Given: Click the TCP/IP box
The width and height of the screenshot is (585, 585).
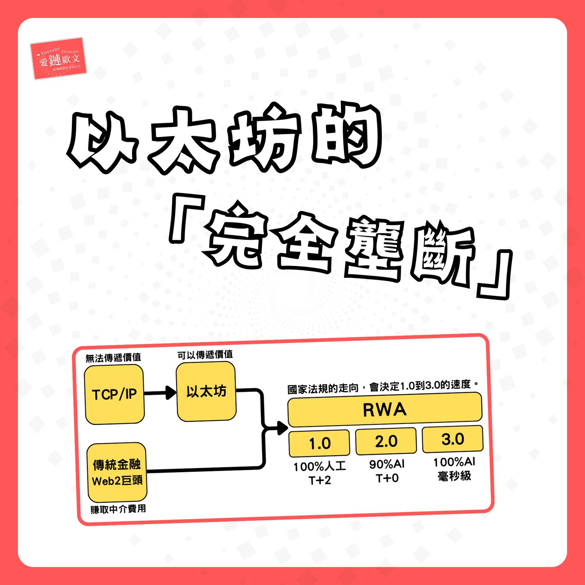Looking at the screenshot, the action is tap(114, 394).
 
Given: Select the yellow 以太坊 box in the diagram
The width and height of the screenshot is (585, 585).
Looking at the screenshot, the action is tap(206, 391).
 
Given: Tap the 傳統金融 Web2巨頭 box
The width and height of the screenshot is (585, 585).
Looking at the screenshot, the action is tap(117, 472).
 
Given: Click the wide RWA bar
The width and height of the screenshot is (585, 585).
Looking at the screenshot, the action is tap(385, 409).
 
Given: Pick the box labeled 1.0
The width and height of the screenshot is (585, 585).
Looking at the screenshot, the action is tap(319, 443).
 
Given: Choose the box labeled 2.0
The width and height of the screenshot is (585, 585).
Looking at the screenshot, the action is tap(386, 441).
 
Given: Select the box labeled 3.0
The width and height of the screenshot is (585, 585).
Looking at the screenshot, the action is tap(453, 439).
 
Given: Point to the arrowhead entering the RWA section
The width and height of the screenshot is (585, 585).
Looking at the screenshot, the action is tap(282, 427).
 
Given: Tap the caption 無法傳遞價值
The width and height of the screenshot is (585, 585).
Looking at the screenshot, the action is tap(113, 358).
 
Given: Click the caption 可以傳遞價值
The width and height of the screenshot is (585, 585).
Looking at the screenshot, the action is tap(205, 355).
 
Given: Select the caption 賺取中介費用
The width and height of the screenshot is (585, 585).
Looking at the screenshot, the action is tap(118, 509).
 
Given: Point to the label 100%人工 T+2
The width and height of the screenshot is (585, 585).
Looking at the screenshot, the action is tap(319, 473).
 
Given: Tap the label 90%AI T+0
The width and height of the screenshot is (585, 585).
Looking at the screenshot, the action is tap(387, 471).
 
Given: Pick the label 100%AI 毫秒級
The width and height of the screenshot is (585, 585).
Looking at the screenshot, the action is tap(454, 469).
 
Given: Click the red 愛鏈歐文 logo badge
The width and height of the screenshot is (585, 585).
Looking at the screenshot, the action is tap(59, 59).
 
